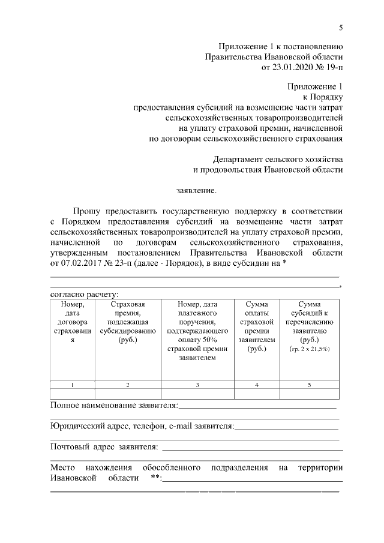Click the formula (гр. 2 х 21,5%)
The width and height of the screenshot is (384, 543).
point(309,349)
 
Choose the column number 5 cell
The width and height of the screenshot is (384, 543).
point(309,385)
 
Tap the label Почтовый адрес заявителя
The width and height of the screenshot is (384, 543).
point(104,446)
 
